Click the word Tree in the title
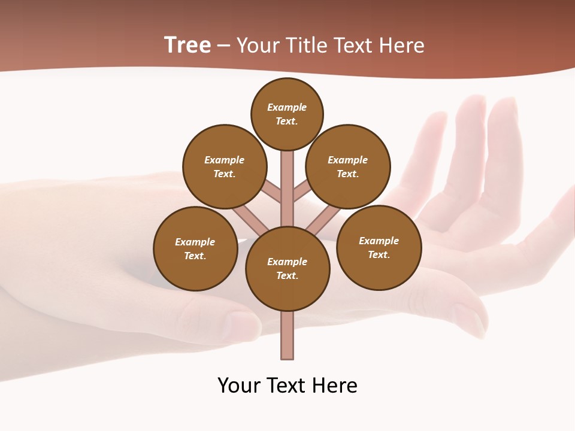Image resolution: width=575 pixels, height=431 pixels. click(187, 45)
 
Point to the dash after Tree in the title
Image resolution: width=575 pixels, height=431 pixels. click(223, 46)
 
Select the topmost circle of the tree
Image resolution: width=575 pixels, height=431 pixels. click(287, 114)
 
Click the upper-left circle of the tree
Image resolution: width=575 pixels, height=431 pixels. click(225, 166)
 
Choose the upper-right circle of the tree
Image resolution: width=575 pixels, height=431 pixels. click(348, 166)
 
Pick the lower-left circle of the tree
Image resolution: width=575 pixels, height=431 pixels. click(195, 248)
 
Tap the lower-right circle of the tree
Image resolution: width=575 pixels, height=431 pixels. click(379, 247)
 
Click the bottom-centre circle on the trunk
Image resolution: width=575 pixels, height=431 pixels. click(287, 268)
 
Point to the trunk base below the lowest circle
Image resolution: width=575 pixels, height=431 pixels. click(287, 335)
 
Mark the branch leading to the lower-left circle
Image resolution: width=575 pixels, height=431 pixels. click(250, 220)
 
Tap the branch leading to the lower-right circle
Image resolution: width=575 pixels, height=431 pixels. click(323, 221)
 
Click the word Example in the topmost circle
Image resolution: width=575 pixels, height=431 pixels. click(287, 108)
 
